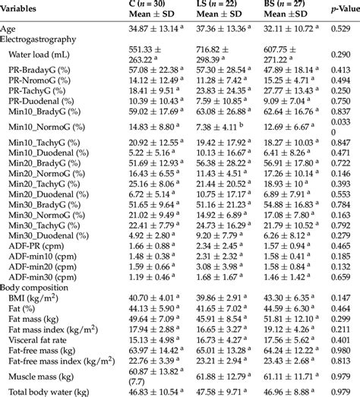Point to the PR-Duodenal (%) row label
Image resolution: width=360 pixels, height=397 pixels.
43,101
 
